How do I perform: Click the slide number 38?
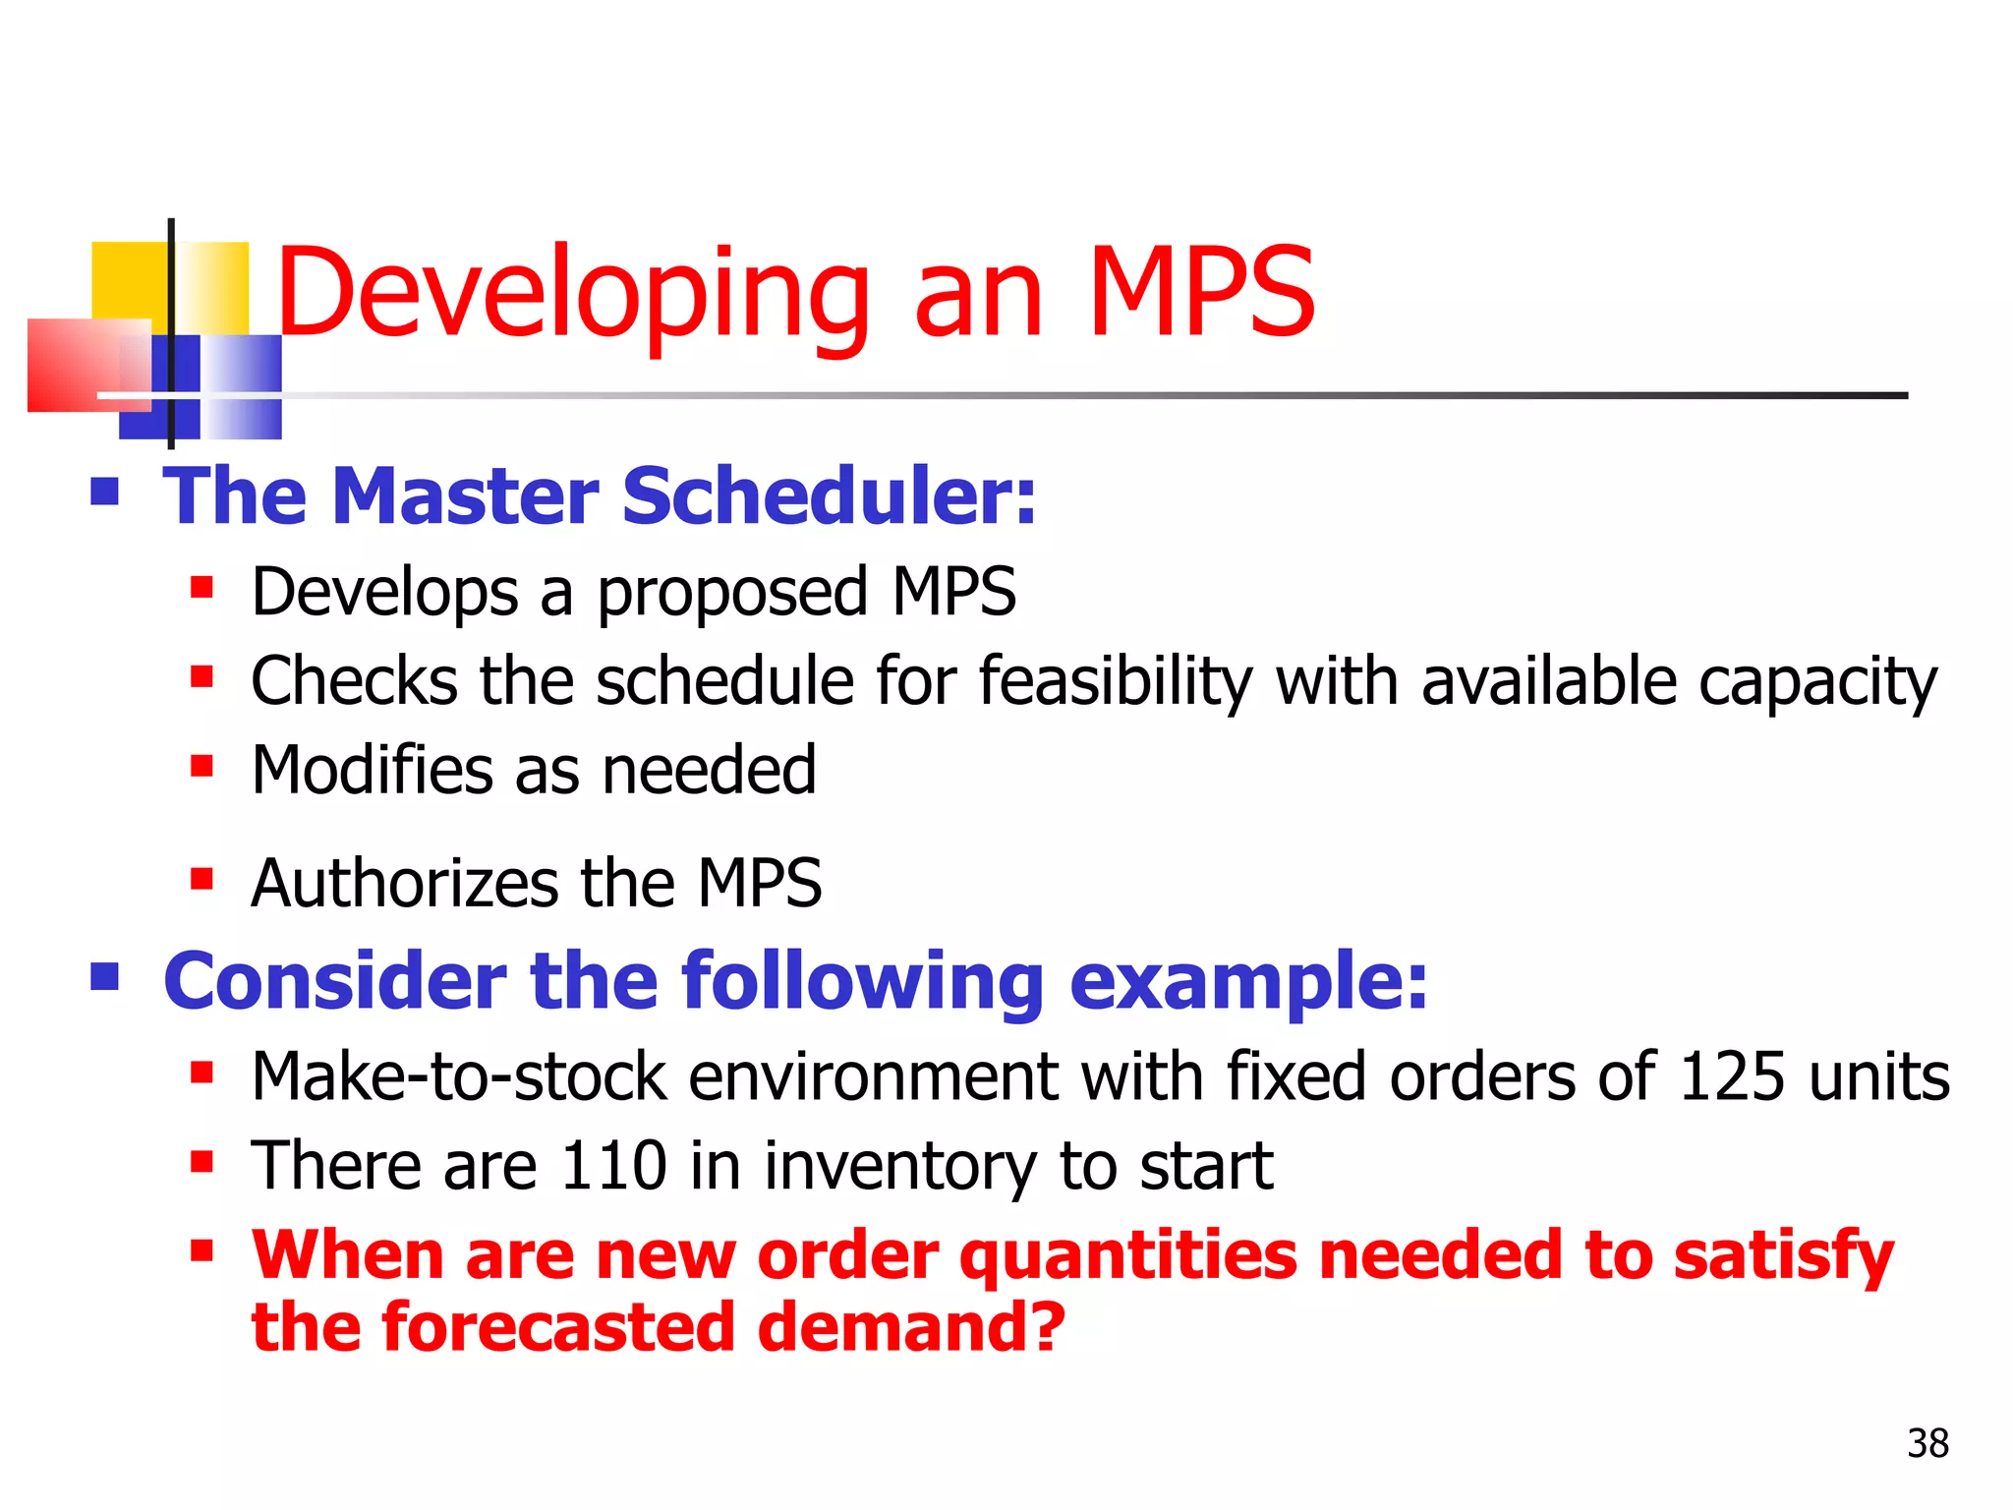pyautogui.click(x=1927, y=1443)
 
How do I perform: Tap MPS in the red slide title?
pyautogui.click(x=1201, y=293)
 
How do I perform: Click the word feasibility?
pyautogui.click(x=1116, y=681)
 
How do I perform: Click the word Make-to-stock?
pyautogui.click(x=460, y=1075)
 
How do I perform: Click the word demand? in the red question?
pyautogui.click(x=911, y=1327)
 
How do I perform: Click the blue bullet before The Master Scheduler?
pyautogui.click(x=104, y=491)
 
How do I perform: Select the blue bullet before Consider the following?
pyautogui.click(x=104, y=976)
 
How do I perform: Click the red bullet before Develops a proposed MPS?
pyautogui.click(x=201, y=588)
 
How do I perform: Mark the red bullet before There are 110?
pyautogui.click(x=201, y=1162)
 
